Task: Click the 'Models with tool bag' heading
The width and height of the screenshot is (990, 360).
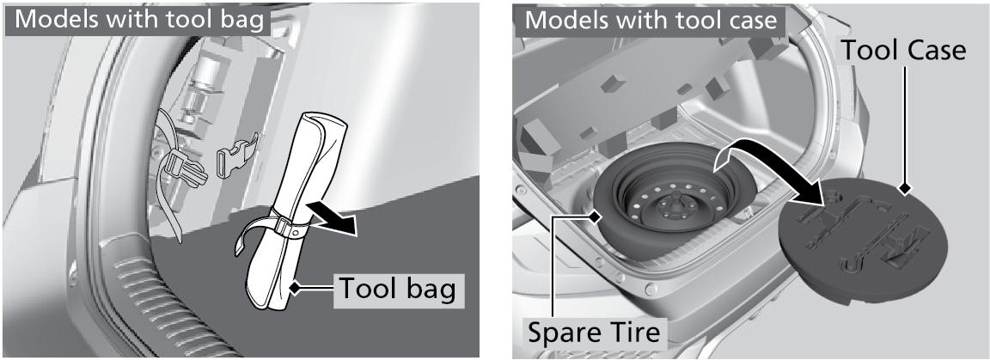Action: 138,19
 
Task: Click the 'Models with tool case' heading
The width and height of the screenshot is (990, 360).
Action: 651,19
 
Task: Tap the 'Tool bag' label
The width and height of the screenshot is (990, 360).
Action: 397,289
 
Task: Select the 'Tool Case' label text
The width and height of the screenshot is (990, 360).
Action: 903,49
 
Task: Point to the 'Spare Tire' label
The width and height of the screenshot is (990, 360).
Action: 594,332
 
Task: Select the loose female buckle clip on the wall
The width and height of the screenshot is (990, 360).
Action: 237,154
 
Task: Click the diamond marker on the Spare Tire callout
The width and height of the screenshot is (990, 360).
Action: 595,217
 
